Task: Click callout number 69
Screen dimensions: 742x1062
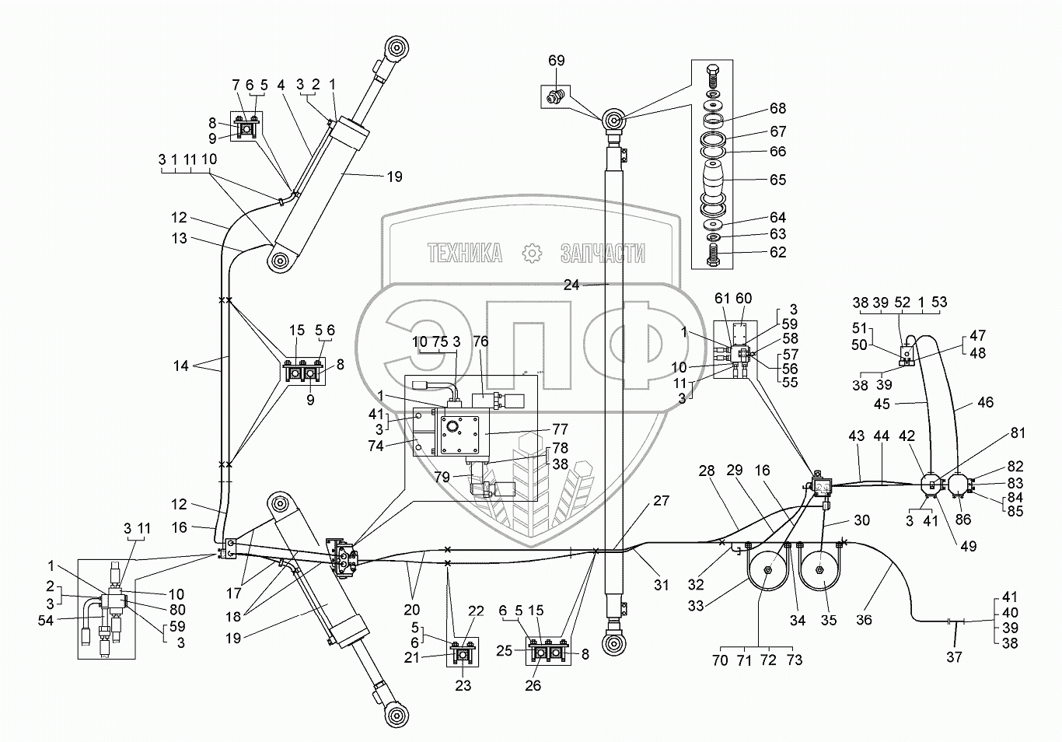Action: [x=556, y=61]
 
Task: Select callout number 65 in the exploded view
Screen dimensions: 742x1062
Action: [x=777, y=180]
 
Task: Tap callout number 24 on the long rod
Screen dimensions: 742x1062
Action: [x=571, y=285]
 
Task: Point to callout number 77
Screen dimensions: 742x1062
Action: [x=560, y=429]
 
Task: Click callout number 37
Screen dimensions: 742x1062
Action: [x=954, y=656]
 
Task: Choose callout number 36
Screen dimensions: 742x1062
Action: [x=864, y=620]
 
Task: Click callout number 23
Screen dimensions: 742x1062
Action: [x=463, y=686]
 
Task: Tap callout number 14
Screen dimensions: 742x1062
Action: [x=180, y=365]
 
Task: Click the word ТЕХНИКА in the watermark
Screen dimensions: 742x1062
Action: [x=464, y=253]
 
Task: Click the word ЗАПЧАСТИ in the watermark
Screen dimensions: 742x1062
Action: [x=603, y=253]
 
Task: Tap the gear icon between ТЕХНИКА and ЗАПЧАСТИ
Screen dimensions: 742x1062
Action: [x=531, y=253]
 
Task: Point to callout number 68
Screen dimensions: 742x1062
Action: [x=777, y=108]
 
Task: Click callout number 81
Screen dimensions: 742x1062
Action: [x=1018, y=433]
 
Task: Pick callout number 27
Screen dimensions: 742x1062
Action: [x=661, y=502]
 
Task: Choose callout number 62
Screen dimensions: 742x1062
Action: [x=777, y=252]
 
